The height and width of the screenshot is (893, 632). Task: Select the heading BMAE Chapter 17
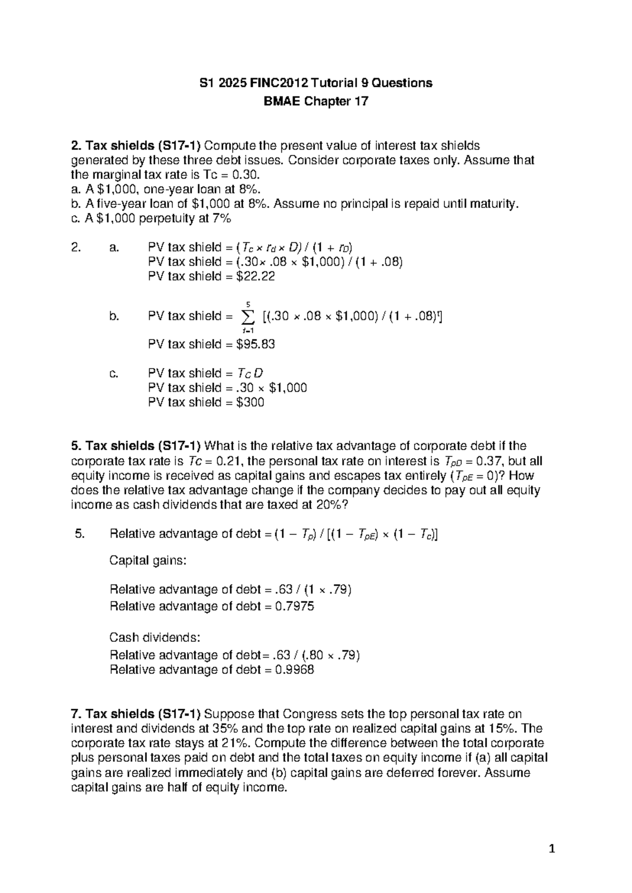pyautogui.click(x=315, y=101)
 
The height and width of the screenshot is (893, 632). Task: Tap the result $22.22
pyautogui.click(x=256, y=276)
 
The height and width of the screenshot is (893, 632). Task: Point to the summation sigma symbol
pyautogui.click(x=247, y=317)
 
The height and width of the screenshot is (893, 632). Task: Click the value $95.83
pyautogui.click(x=256, y=344)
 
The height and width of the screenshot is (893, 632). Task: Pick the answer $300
pyautogui.click(x=251, y=402)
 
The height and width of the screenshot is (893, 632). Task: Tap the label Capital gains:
pyautogui.click(x=147, y=560)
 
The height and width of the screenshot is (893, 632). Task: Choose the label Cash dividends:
pyautogui.click(x=155, y=638)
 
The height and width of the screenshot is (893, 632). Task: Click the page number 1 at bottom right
pyautogui.click(x=551, y=849)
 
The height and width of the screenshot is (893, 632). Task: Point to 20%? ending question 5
pyautogui.click(x=332, y=505)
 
